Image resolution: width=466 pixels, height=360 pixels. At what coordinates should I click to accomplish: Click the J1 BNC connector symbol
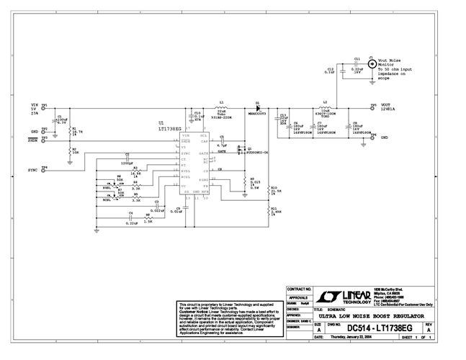pyautogui.click(x=371, y=63)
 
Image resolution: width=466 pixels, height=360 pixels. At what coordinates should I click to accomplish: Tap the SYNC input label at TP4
pyautogui.click(x=32, y=169)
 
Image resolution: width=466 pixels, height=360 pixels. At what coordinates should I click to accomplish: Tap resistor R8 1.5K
pyautogui.click(x=148, y=219)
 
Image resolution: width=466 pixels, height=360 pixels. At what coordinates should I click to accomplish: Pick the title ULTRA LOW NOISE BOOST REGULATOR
pyautogui.click(x=372, y=316)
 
